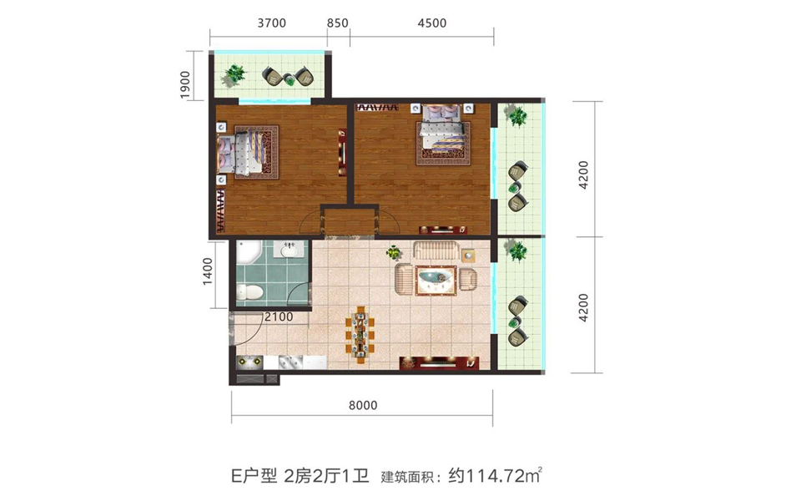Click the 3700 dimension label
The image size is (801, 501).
coord(272,23)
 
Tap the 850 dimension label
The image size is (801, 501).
coord(338,23)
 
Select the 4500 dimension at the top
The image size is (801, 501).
coord(431,23)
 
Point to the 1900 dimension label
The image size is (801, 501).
coord(185,85)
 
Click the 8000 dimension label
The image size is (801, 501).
coord(363,406)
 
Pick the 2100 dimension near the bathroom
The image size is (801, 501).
coord(279,317)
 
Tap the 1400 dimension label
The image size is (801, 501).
coord(208,271)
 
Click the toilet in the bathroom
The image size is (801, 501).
coord(249,292)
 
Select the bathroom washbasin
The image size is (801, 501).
coord(289,250)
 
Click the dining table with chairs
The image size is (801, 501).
coord(360,335)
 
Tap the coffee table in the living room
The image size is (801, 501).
coord(436,281)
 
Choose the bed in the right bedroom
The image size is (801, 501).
coord(443,134)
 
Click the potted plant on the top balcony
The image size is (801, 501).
coord(234,75)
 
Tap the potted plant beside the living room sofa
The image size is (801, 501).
coord(394,252)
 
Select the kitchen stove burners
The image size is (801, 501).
coord(249,362)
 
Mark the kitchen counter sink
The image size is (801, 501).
coord(290,362)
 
